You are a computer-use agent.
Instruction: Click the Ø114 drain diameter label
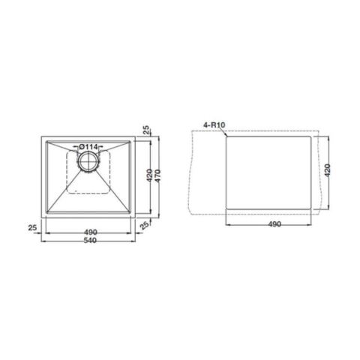tap(88, 147)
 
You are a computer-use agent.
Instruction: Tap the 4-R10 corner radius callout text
tap(214, 124)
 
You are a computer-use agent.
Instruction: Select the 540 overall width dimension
tap(90, 241)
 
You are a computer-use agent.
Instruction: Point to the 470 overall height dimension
tap(157, 175)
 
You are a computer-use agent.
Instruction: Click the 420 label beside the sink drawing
tap(149, 175)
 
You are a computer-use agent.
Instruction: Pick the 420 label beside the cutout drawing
tap(327, 170)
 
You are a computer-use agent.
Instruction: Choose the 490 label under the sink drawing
tap(91, 232)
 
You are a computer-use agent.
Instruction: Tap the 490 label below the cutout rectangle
tap(274, 224)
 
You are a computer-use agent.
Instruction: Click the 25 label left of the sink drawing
tap(32, 228)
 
